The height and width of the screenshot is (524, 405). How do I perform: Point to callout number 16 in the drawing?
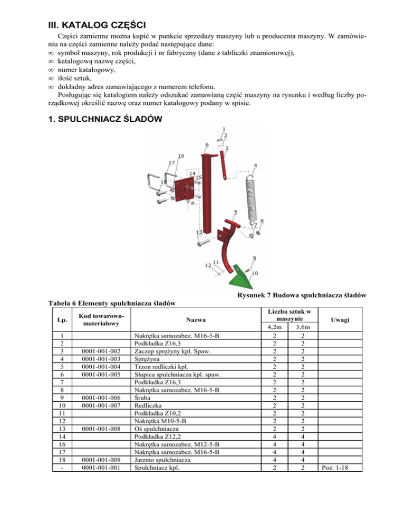pyautogui.click(x=181, y=156)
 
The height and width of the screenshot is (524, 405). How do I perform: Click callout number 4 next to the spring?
pyautogui.click(x=255, y=166)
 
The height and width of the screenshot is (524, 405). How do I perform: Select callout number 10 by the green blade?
pyautogui.click(x=255, y=274)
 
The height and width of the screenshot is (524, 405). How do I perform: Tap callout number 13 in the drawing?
pyautogui.click(x=199, y=232)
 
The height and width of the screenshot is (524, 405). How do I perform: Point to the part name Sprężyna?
pyautogui.click(x=149, y=358)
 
